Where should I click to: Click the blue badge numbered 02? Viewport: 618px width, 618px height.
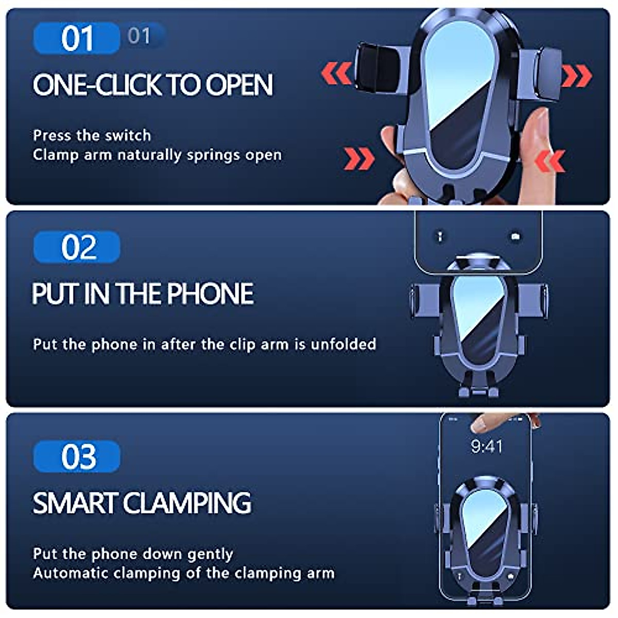pyautogui.click(x=77, y=247)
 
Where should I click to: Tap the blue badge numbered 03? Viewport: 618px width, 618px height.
pyautogui.click(x=77, y=456)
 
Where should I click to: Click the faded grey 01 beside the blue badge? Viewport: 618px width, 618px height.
pyautogui.click(x=139, y=36)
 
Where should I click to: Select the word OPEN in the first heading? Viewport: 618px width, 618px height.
pyautogui.click(x=239, y=85)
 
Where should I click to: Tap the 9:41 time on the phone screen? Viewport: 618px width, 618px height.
pyautogui.click(x=486, y=446)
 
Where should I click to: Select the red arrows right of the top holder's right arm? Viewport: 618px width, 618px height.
pyautogui.click(x=576, y=76)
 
